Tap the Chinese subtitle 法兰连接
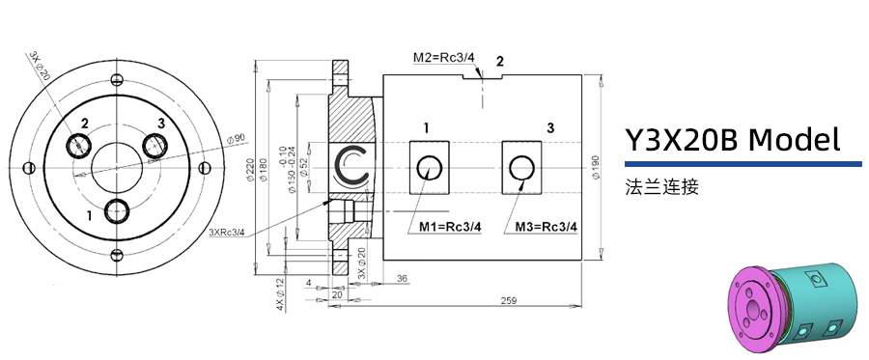point(661,187)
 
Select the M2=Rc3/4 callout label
point(444,59)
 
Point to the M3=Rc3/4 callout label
point(547,227)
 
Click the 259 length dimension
point(508,301)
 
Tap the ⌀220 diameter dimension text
point(252,170)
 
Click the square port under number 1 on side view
point(429,168)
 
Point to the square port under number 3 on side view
point(521,168)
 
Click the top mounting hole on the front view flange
point(117,79)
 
